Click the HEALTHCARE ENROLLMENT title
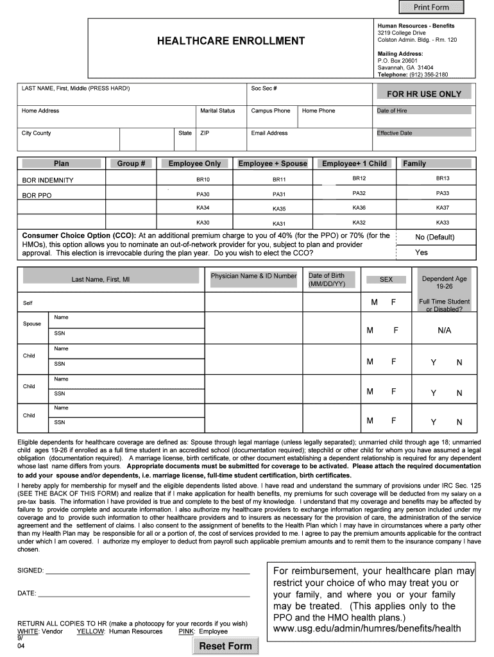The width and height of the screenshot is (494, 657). pos(231,41)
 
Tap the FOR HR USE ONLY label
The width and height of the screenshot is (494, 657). pos(423,94)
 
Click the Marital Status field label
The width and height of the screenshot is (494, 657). pos(217,111)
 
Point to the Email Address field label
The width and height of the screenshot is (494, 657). pos(269,133)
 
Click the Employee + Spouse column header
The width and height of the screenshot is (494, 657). pos(273,164)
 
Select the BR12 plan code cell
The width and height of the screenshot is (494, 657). pos(359,178)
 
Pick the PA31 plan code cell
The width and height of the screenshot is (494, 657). pos(279,194)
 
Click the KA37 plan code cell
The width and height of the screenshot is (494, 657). pos(443,208)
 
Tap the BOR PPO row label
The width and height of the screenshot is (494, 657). pos(37,195)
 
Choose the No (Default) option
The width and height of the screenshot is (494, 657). pos(434,237)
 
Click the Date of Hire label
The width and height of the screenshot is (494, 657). pos(391,111)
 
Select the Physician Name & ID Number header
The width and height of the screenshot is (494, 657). pos(253,276)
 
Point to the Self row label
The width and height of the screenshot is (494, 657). pos(28,303)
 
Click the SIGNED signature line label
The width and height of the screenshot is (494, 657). pos(30,570)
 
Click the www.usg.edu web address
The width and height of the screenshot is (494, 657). pos(367,629)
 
